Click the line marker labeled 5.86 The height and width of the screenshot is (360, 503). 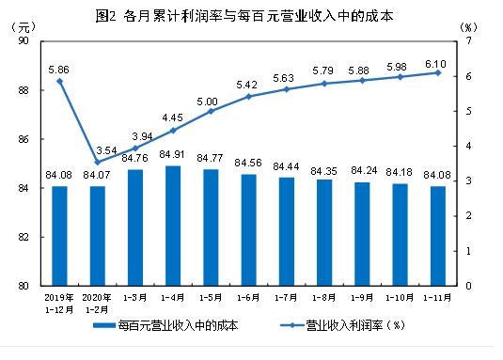click(x=60, y=82)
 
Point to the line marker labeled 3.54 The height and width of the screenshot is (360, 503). click(x=97, y=162)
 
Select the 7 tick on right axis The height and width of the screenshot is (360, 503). click(x=466, y=42)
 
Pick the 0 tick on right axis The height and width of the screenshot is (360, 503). click(x=466, y=286)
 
